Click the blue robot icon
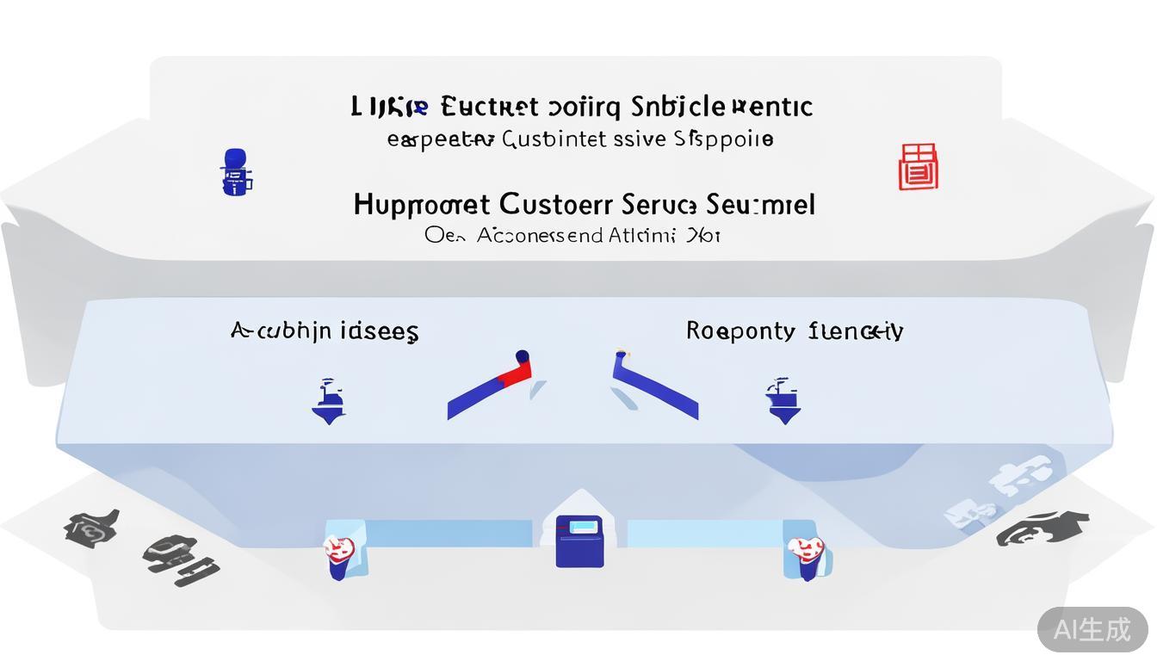[x=237, y=171]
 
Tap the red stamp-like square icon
[x=918, y=167]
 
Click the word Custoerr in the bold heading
[x=555, y=205]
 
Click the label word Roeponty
[x=740, y=331]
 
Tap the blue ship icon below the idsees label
[x=329, y=401]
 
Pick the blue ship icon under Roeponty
[x=783, y=401]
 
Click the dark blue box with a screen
[x=578, y=541]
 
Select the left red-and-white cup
[x=338, y=555]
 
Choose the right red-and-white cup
[x=806, y=555]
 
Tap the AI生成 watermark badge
[x=1092, y=629]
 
